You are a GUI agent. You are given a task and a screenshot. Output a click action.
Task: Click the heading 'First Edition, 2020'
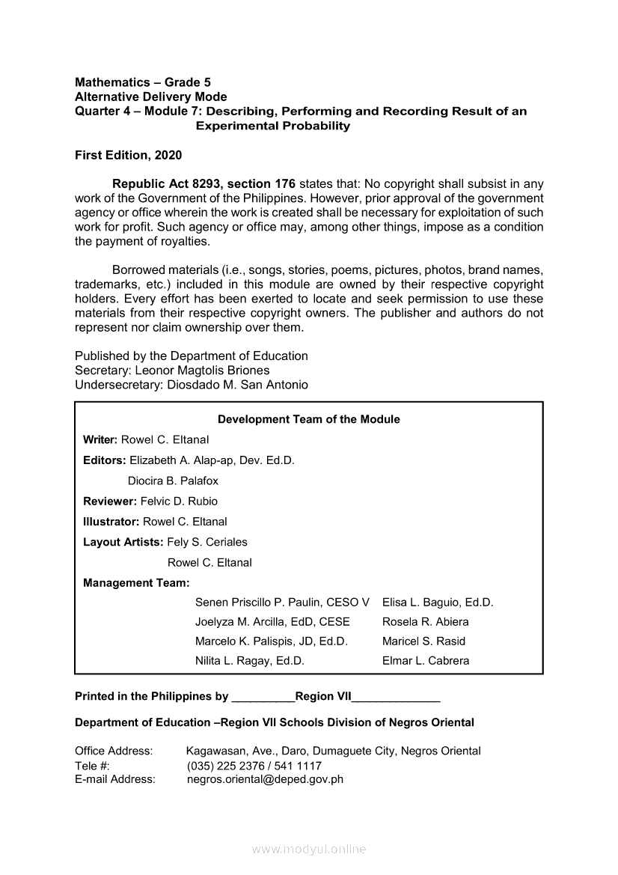coord(128,156)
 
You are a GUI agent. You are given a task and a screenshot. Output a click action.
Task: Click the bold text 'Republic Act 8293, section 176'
coord(204,184)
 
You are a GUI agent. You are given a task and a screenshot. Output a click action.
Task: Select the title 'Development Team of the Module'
coord(308,419)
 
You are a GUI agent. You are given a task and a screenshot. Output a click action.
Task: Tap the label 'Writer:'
coord(100,439)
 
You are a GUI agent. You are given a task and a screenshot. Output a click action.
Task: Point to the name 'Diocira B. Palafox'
coord(173,481)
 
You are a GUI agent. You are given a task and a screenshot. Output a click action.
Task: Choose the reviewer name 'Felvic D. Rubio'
coord(179,501)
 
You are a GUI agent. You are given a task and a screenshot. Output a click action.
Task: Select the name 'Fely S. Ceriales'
coord(207,542)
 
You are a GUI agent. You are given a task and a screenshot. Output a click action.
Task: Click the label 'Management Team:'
coord(136,582)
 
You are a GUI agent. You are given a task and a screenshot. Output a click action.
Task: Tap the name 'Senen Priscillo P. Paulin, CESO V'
coord(282,602)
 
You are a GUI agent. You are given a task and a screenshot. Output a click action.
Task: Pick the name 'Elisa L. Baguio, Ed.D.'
coord(438,602)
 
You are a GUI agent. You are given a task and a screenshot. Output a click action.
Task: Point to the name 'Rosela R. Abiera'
coord(425,621)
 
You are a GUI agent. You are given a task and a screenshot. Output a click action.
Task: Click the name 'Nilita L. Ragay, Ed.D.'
coord(249,661)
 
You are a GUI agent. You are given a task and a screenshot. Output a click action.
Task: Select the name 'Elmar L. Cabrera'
coord(426,661)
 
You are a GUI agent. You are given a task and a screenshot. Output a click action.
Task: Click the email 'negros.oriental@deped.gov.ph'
coord(265,779)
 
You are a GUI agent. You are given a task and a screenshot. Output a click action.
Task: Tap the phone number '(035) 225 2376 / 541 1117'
coord(254,766)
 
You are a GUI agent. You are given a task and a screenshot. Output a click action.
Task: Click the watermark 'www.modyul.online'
coord(309,849)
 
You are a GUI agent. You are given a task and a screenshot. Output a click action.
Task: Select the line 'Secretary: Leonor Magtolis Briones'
coord(172,371)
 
